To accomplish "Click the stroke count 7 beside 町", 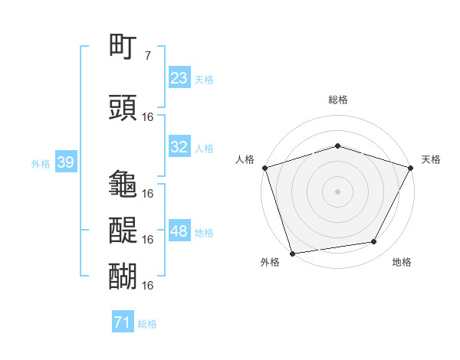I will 148,56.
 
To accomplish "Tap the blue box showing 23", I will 179,78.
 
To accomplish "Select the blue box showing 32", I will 179,147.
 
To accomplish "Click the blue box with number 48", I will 179,231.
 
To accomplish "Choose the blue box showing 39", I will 65,162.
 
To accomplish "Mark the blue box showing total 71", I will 123,323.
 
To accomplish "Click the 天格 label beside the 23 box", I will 204,79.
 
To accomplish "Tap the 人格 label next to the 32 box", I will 204,148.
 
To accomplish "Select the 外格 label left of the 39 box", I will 41,163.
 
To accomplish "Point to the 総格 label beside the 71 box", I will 147,324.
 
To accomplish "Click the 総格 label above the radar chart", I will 337,100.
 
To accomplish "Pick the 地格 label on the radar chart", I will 402,262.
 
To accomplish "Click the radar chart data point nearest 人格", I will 264,168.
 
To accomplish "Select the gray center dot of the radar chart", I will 337,191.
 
